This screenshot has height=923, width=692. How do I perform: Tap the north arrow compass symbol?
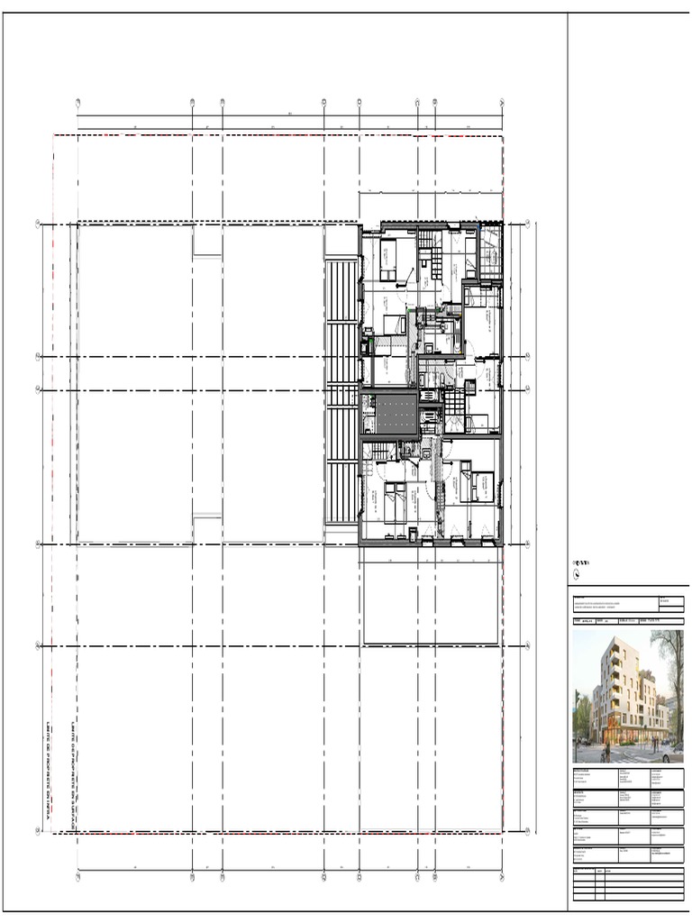point(577,574)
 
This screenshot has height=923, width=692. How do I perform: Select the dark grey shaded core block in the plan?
point(388,413)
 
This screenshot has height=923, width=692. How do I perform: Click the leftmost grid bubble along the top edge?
point(78,102)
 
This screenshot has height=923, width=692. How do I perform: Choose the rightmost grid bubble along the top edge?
point(501,102)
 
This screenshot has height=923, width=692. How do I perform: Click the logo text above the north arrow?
point(580,563)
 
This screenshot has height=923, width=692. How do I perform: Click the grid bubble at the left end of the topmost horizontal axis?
point(38,224)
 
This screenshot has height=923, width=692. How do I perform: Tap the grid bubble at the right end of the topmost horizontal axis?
point(537,224)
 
